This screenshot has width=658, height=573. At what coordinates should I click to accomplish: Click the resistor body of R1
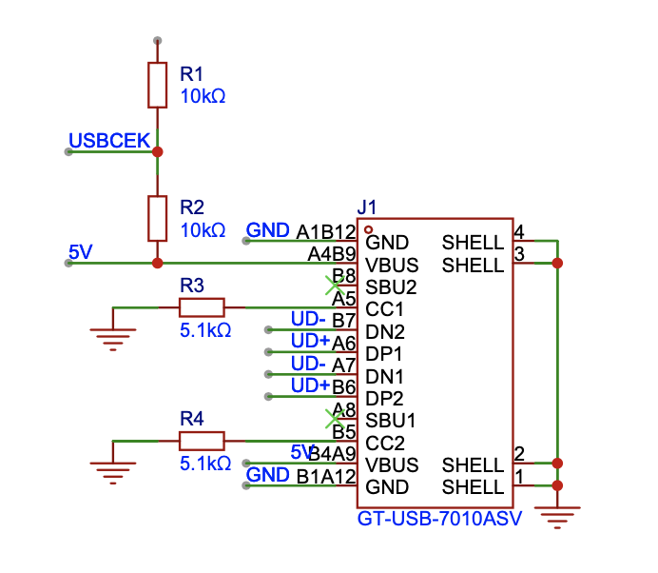tap(157, 85)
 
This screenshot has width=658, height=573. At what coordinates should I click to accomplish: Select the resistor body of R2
tap(157, 218)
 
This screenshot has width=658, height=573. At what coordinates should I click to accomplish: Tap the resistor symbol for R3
tap(202, 306)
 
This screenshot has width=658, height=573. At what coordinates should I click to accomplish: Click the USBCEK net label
tap(109, 141)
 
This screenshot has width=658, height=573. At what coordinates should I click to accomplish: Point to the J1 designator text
tap(366, 207)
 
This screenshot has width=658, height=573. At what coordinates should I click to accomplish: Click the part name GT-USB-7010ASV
tap(440, 521)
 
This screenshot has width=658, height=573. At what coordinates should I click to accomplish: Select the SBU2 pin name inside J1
tap(390, 286)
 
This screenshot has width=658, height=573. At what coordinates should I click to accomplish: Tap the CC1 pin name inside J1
tap(384, 309)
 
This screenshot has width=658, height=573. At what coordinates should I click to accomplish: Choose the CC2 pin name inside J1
tap(384, 443)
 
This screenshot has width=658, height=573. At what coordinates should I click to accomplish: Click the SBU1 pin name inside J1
tap(390, 420)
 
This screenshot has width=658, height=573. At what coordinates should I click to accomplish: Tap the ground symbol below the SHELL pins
tap(557, 518)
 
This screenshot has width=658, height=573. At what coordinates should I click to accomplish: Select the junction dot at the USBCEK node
tap(157, 151)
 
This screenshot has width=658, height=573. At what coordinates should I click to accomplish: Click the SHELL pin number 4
tap(519, 231)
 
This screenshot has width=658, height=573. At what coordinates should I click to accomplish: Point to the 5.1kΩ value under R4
tap(205, 464)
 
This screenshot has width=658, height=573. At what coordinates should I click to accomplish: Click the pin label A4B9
tap(332, 254)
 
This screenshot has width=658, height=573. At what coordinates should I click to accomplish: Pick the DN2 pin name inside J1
tap(385, 331)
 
